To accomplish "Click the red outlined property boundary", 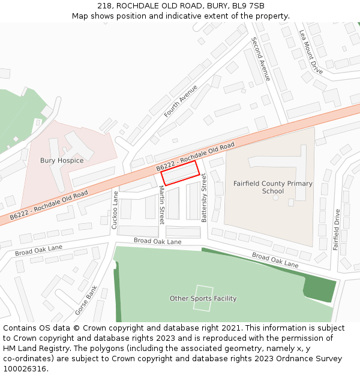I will click(180, 173).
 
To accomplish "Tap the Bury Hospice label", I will click(62, 160).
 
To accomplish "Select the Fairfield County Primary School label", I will click(272, 187).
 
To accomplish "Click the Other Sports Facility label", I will click(203, 298).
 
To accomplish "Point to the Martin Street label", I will click(161, 205).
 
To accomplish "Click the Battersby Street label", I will click(204, 198).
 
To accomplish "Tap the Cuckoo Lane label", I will click(115, 210).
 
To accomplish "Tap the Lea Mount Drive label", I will click(311, 53).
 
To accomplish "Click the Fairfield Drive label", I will click(337, 229).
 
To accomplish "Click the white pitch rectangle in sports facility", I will click(203, 298).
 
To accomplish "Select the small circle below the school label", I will click(275, 197).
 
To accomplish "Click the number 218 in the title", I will click(104, 6).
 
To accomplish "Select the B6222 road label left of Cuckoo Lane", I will click(49, 205).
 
